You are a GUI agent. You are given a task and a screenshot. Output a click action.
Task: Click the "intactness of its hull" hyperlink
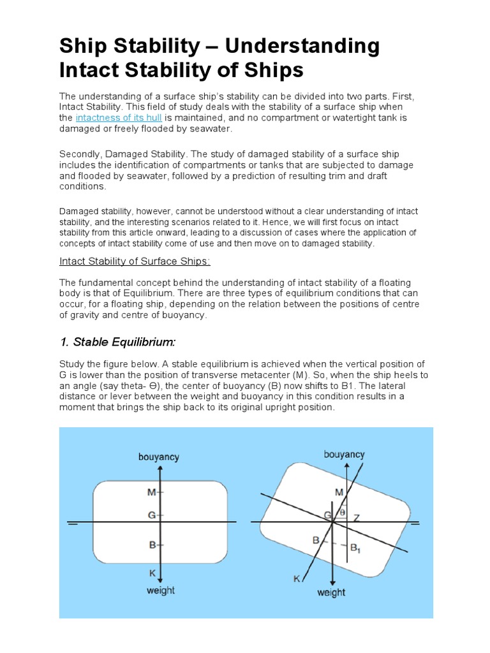[118, 118]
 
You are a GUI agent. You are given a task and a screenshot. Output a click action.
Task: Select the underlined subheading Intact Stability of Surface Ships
[135, 261]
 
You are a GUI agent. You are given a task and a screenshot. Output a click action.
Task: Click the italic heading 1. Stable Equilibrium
[117, 342]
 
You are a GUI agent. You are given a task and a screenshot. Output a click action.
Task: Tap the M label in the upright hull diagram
[151, 492]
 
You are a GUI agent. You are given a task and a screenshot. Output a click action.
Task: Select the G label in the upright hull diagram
[151, 514]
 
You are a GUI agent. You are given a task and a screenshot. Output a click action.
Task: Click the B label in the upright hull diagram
[152, 545]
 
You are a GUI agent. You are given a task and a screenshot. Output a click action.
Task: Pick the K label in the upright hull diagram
[152, 573]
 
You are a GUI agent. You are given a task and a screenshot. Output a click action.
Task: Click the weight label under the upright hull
[161, 591]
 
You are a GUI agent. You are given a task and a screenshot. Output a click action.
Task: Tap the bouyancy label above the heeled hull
[344, 455]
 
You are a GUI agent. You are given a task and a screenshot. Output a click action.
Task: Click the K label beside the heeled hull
[296, 579]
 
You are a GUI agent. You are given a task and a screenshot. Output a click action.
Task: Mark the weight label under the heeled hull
[331, 592]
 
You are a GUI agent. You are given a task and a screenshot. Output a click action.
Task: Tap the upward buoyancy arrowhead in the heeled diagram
[346, 467]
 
